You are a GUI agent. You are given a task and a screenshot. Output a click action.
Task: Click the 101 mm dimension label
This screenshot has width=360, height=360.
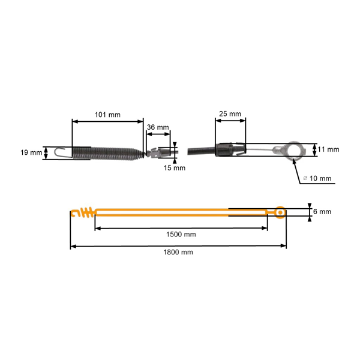pyautogui.click(x=107, y=113)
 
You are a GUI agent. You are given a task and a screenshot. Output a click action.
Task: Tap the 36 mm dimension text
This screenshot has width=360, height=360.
pyautogui.click(x=158, y=128)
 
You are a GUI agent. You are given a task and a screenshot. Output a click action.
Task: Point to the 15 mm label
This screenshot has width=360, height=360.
pyautogui.click(x=176, y=167)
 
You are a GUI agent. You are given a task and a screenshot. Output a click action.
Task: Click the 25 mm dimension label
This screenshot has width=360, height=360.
pyautogui.click(x=230, y=113)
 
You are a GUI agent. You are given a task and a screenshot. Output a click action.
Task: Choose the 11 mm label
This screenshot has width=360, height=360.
pyautogui.click(x=329, y=149)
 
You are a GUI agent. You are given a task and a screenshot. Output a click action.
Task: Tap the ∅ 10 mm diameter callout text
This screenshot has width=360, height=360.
pyautogui.click(x=318, y=178)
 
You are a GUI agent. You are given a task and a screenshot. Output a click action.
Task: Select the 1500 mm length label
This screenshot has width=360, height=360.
pyautogui.click(x=182, y=234)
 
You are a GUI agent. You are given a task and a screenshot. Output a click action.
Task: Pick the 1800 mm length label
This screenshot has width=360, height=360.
pyautogui.click(x=179, y=252)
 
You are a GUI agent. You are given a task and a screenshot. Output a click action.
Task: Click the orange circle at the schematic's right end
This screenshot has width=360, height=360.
pyautogui.click(x=280, y=212)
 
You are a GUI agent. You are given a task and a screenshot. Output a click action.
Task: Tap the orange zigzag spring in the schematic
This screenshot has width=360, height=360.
pyautogui.click(x=87, y=212)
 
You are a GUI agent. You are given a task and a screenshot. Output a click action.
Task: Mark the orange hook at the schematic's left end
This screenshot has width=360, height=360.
pyautogui.click(x=74, y=212)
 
